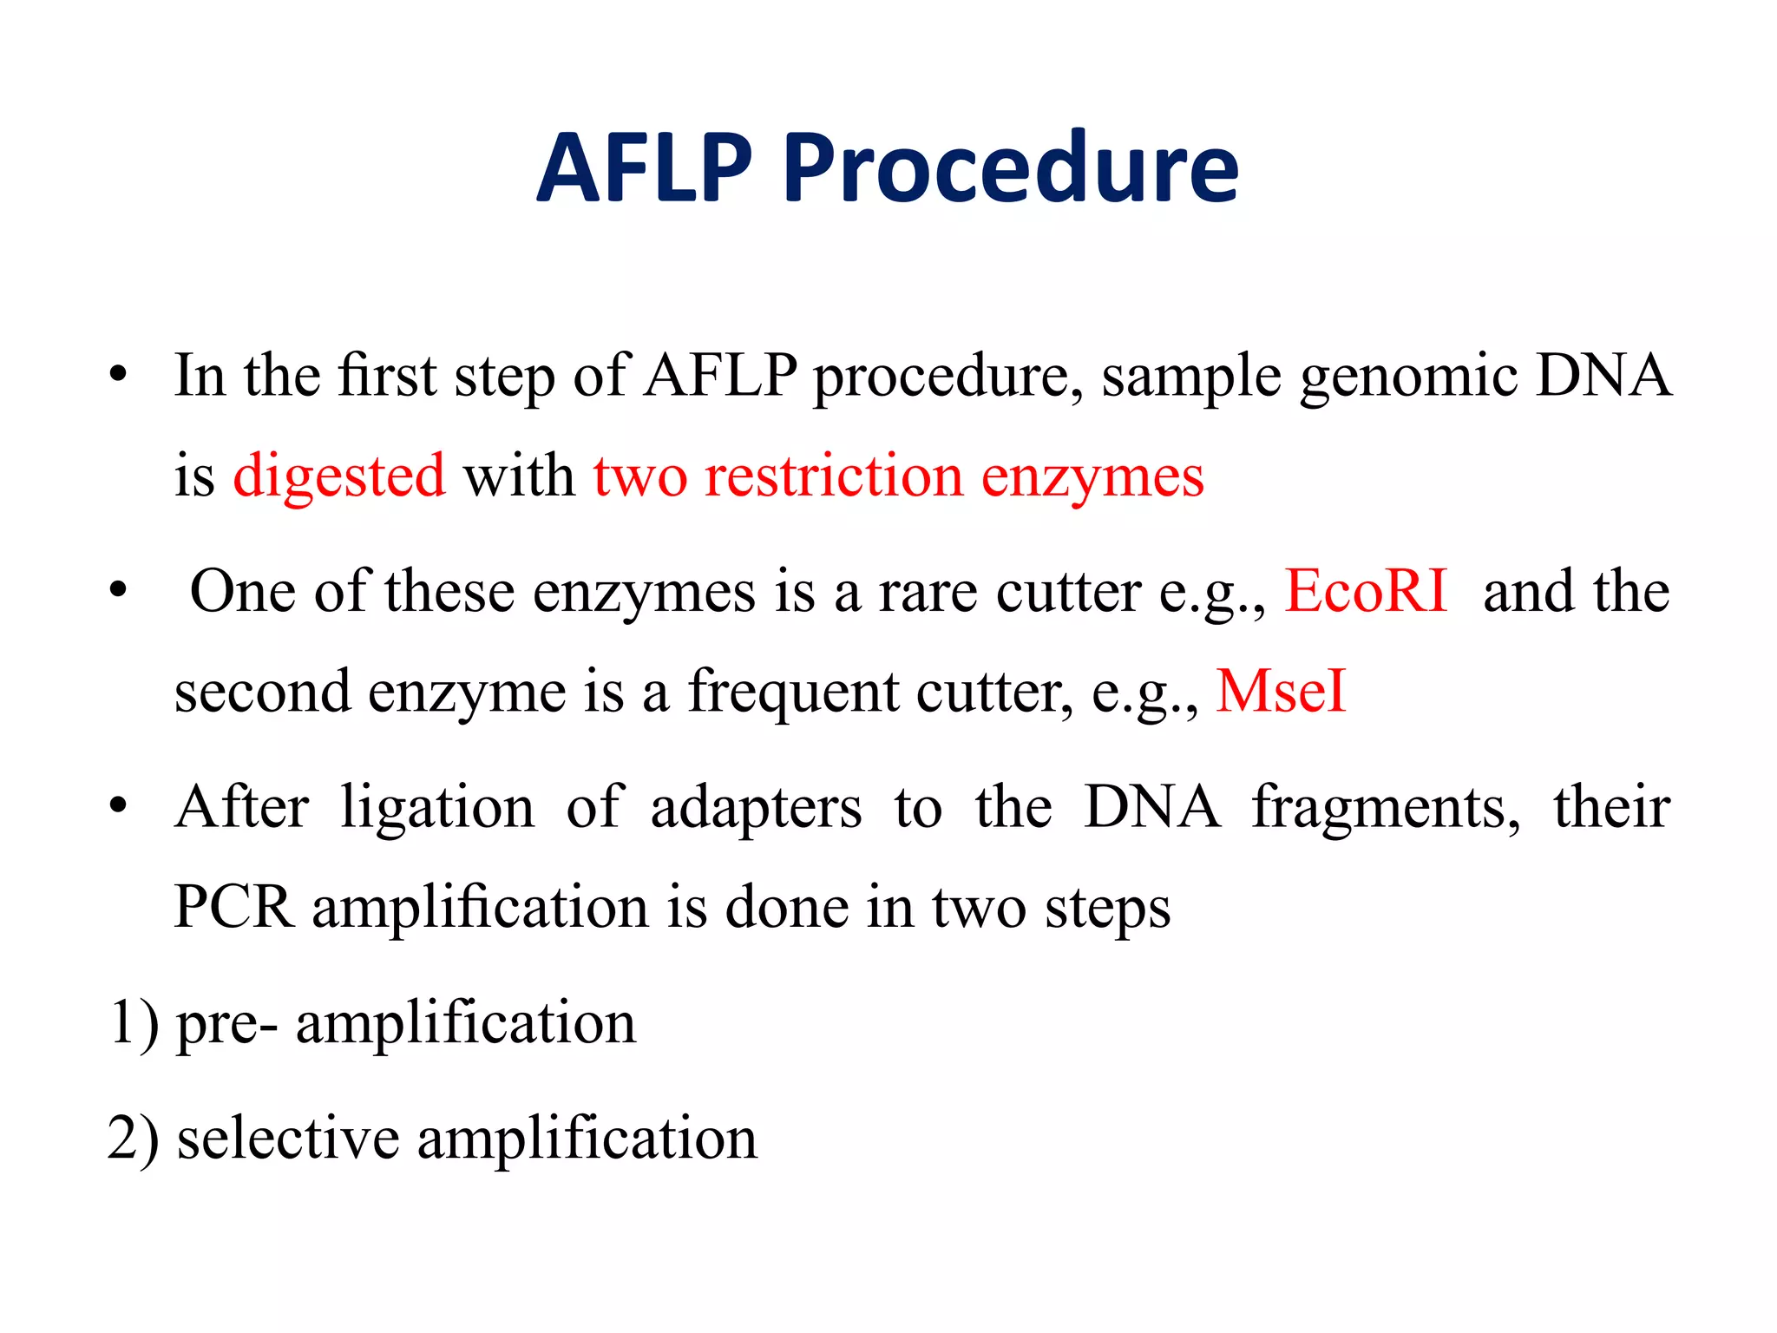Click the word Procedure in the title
1011,169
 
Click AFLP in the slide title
644,169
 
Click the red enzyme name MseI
1281,692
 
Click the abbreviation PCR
233,908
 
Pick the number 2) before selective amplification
134,1139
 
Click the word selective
287,1139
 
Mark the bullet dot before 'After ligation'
119,807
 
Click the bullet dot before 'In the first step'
119,376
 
